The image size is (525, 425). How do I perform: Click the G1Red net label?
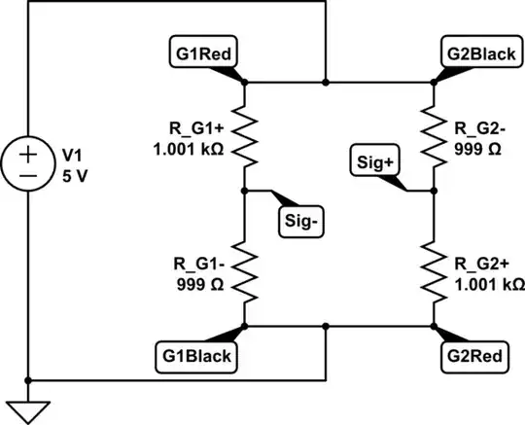[x=202, y=53]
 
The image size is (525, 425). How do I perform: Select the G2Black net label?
[x=478, y=53]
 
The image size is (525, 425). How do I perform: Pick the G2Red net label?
[x=474, y=356]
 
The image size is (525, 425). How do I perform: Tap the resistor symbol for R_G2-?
[x=433, y=136]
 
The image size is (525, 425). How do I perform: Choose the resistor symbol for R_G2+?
[x=433, y=272]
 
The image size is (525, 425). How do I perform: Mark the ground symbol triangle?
[x=31, y=408]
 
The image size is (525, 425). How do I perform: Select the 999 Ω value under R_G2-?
[x=478, y=152]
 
